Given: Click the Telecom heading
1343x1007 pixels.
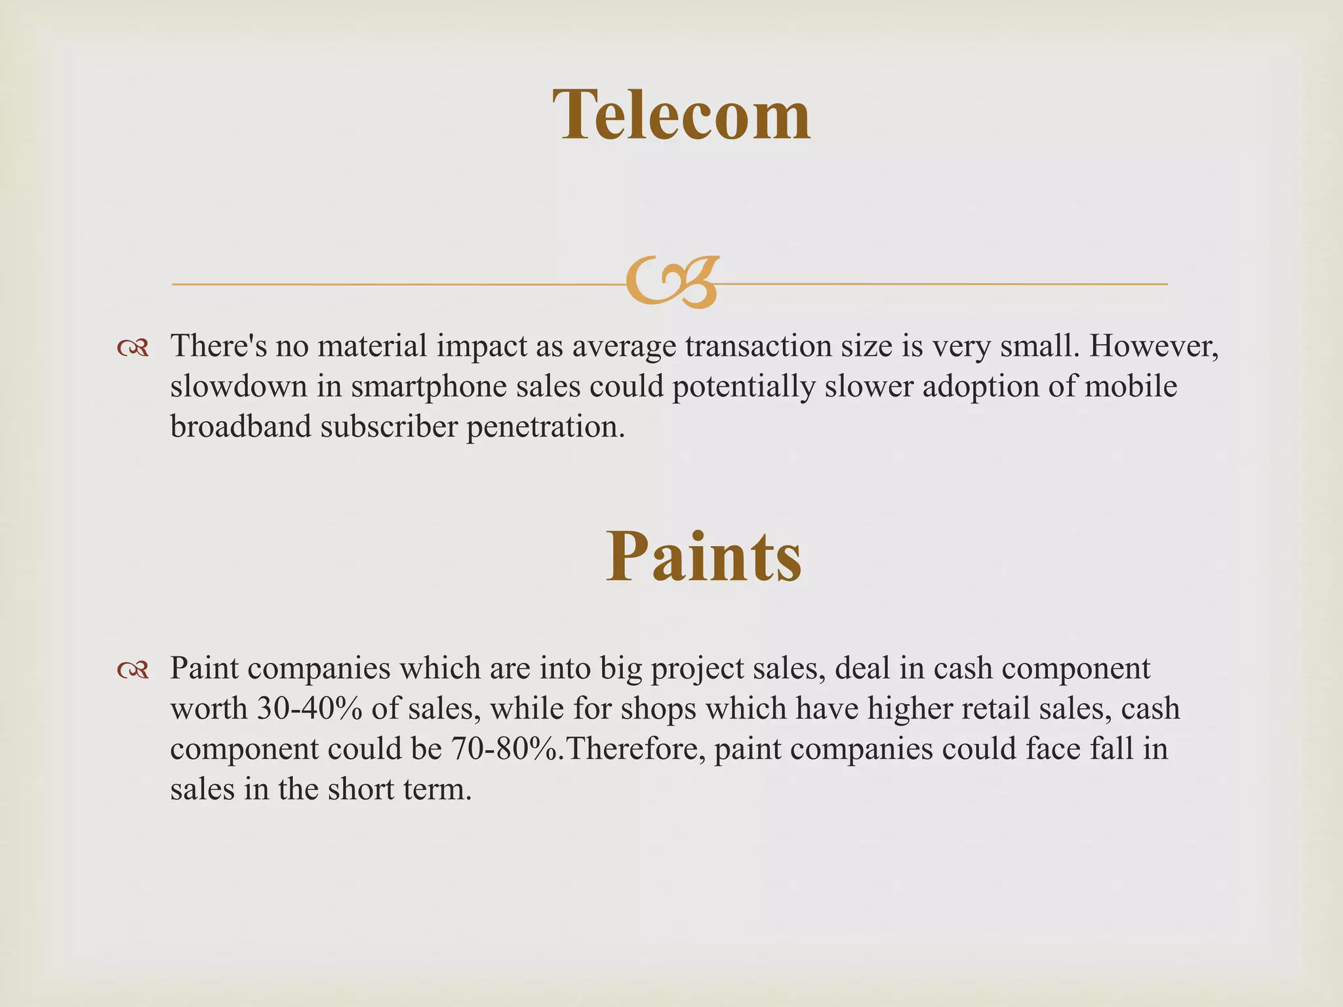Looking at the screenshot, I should (681, 115).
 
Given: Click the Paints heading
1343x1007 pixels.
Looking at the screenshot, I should (703, 557).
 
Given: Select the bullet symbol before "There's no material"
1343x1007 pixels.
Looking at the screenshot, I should (132, 348).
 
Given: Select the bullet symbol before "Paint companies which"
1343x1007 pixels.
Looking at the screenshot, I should (132, 670).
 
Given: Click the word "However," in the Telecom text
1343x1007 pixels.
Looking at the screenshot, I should (1153, 346).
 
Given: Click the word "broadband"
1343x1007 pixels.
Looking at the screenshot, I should (240, 427).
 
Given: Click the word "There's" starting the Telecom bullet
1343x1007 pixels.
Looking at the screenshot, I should (218, 346).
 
